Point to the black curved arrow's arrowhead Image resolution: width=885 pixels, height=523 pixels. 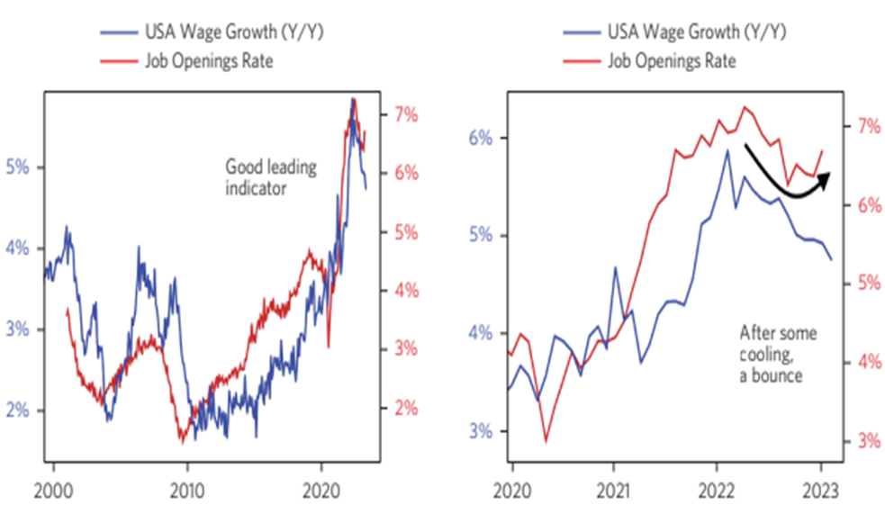tap(826, 176)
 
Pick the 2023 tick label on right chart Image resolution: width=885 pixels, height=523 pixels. tap(821, 491)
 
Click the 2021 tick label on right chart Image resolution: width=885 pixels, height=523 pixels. tap(613, 491)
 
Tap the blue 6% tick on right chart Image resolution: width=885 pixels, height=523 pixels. tap(482, 138)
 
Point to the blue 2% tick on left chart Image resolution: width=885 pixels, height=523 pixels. tap(18, 410)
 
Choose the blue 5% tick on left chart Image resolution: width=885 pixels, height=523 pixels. tap(18, 167)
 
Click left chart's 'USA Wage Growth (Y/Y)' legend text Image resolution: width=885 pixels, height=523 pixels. tap(208, 33)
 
